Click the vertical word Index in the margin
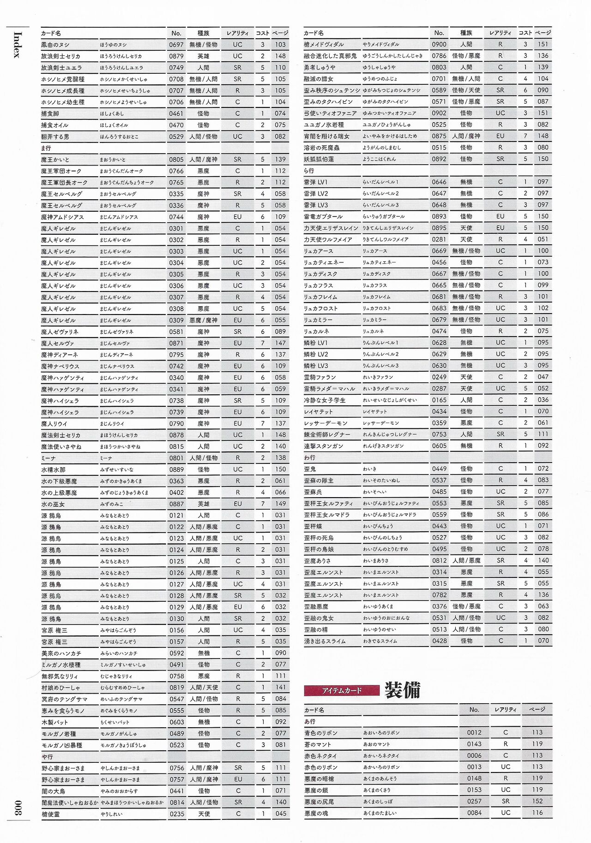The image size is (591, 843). [17, 45]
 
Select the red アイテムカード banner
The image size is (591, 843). [342, 690]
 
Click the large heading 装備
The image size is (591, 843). [403, 690]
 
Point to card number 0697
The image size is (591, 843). [176, 45]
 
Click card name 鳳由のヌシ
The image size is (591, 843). [55, 45]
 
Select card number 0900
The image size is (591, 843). [439, 44]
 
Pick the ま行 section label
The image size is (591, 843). [46, 148]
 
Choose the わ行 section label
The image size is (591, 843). [309, 457]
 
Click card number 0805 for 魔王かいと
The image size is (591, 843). [176, 160]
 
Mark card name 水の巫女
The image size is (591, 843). [53, 504]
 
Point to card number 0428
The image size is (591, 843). [439, 641]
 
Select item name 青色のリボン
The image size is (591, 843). [321, 733]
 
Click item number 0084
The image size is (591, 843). [474, 813]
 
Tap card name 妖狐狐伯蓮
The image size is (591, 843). [319, 159]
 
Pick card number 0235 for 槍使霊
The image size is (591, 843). [176, 814]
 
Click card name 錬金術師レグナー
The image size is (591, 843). [327, 434]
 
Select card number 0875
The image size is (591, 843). [439, 136]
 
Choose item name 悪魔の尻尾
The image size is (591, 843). [319, 801]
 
